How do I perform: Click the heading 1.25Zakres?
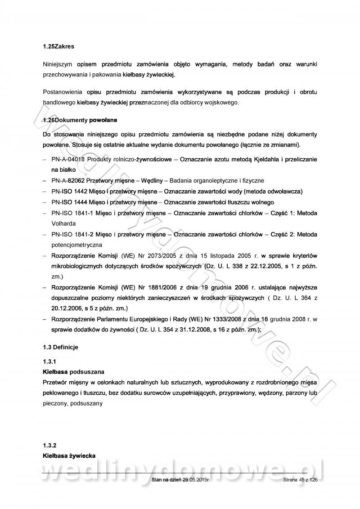tap(58, 46)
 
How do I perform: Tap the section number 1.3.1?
tap(49, 362)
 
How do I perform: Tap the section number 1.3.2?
tap(49, 446)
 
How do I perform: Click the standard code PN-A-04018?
tap(68, 160)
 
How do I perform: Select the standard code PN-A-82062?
tap(68, 181)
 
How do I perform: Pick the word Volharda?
tap(63, 223)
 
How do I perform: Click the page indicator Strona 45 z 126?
tap(301, 481)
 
